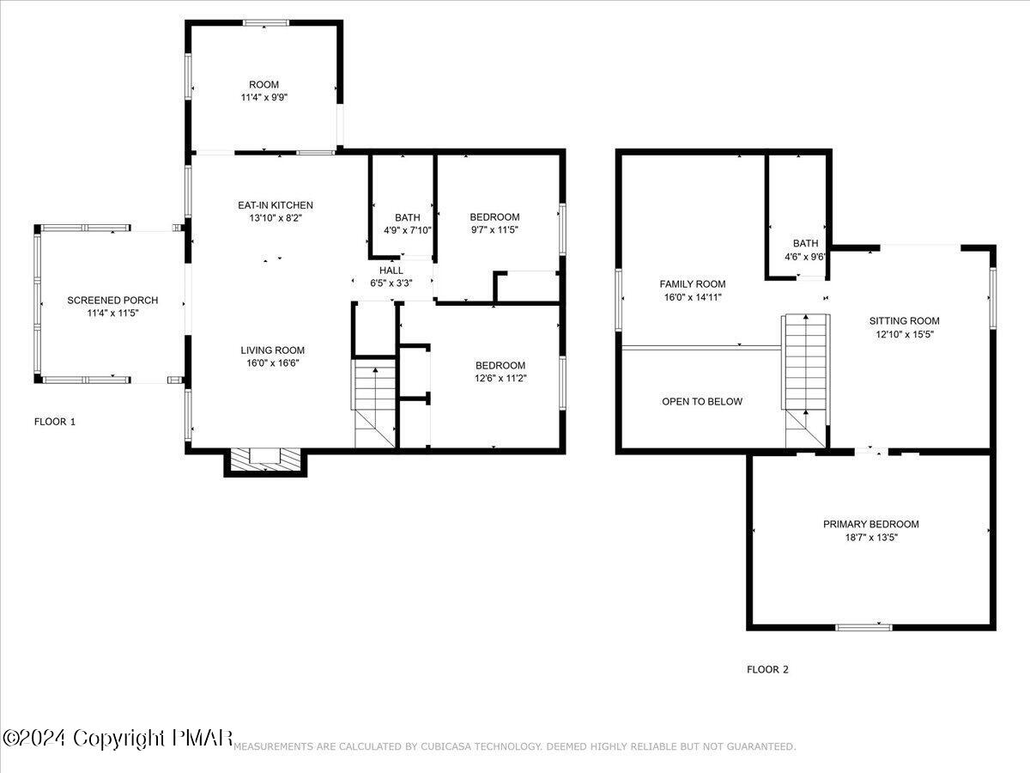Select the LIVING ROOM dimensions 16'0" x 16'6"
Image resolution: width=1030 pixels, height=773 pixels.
pyautogui.click(x=273, y=362)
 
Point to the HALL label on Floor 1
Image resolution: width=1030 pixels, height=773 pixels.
pyautogui.click(x=391, y=271)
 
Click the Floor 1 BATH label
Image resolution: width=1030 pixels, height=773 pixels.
pyautogui.click(x=408, y=217)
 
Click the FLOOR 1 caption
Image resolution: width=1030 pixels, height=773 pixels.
pyautogui.click(x=55, y=422)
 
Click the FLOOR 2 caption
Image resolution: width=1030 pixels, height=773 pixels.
pyautogui.click(x=767, y=669)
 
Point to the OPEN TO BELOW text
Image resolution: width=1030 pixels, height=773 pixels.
pyautogui.click(x=702, y=401)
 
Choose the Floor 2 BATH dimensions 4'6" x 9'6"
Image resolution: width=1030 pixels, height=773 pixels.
pyautogui.click(x=805, y=257)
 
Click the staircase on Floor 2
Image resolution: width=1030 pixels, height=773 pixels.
pyautogui.click(x=806, y=380)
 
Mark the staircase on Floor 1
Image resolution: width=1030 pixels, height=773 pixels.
pyautogui.click(x=374, y=404)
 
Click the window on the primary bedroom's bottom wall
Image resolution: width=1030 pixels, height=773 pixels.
pyautogui.click(x=863, y=627)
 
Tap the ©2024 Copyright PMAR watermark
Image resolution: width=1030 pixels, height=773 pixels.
pyautogui.click(x=118, y=738)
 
